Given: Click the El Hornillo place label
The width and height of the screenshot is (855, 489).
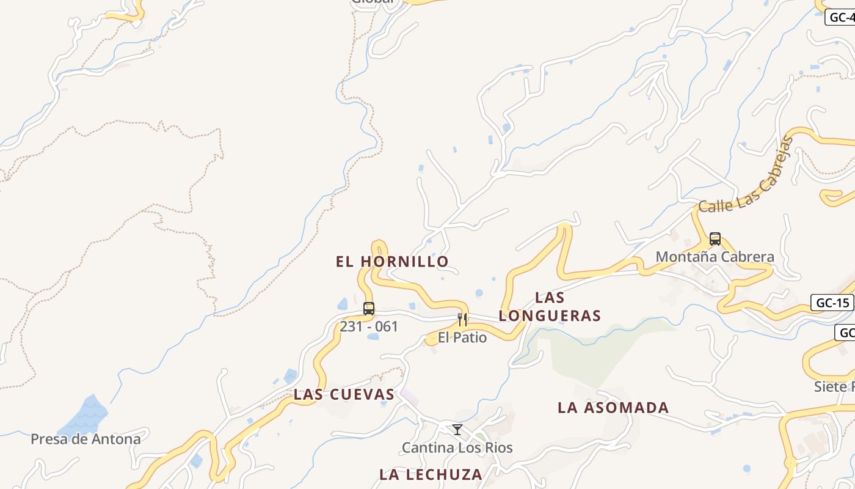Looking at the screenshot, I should [392, 262].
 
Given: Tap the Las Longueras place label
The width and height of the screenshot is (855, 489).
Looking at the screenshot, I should [550, 307].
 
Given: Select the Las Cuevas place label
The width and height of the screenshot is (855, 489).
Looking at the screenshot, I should [344, 394].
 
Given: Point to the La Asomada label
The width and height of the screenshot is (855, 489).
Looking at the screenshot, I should [613, 408].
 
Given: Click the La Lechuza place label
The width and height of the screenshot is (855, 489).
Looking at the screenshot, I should [431, 474].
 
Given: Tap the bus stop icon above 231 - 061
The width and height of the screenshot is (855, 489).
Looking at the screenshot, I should [369, 309].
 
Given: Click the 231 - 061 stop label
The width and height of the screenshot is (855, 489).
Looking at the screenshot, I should [369, 326].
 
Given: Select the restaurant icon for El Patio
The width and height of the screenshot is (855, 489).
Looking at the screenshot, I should [462, 319].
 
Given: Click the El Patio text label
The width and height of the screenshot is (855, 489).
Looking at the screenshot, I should [462, 337].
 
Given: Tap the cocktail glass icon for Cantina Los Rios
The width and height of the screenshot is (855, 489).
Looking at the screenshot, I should [457, 430].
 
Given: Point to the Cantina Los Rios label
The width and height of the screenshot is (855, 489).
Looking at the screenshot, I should [457, 448].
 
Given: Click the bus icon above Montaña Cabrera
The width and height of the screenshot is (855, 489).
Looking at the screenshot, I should [715, 239].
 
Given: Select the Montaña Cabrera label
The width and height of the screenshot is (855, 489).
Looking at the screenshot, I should [715, 257].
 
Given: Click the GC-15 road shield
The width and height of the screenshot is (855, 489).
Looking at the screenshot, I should [832, 303].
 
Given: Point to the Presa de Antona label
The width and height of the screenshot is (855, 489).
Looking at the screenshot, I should [85, 439].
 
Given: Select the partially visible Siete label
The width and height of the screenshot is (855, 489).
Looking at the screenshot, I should [834, 386].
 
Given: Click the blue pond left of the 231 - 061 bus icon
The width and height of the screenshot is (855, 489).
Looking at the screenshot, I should [343, 304].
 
